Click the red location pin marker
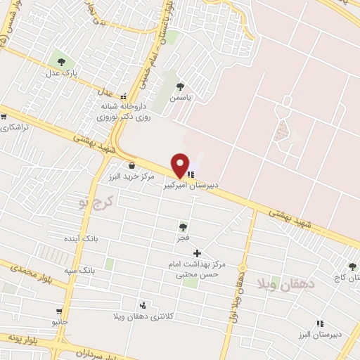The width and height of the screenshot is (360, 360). pos(180,165)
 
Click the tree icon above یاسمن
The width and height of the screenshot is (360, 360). pos(181,86)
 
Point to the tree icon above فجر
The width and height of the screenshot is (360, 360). pos(184,226)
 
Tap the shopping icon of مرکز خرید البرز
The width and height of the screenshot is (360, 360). pos(131,165)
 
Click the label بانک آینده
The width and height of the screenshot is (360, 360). pos(98,239)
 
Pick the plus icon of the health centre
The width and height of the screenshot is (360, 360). pos(197,252)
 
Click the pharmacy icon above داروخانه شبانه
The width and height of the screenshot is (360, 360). pos(124,96)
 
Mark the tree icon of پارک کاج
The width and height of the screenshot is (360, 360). pos(352,266)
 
